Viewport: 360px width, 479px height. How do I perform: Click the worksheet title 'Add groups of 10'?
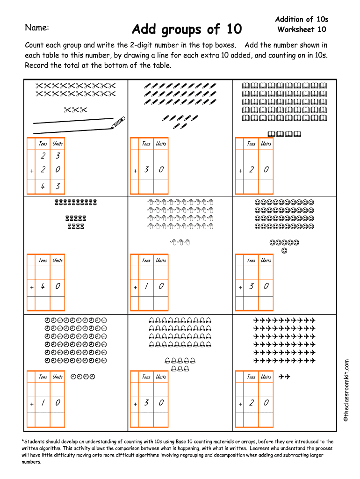187,29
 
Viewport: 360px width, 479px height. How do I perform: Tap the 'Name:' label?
37,28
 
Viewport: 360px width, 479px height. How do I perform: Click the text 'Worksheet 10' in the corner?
302,29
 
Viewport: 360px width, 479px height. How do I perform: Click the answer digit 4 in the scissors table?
43,186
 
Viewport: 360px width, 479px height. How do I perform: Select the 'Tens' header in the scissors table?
43,144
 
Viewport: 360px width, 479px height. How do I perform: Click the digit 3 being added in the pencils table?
146,169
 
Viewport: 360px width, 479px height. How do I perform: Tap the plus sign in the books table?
240,171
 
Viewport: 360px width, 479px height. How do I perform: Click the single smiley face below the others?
284,251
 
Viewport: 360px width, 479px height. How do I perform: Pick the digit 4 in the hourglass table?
43,286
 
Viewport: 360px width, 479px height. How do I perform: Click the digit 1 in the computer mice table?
146,286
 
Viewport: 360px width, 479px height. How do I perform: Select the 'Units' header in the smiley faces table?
266,260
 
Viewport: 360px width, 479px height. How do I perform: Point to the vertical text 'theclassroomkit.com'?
346,391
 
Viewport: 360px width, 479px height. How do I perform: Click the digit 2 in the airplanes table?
251,403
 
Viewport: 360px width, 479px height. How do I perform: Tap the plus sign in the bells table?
135,404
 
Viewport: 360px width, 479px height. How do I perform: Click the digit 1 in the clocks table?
43,403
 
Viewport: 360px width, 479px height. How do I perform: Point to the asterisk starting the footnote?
22,441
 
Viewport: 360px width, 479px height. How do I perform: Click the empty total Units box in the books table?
266,187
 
